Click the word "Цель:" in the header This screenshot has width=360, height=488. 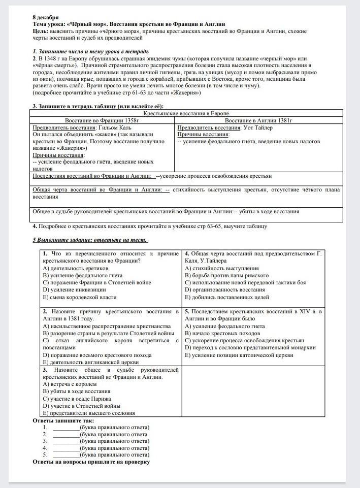[40, 31]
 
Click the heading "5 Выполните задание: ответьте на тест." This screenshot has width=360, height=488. [90, 240]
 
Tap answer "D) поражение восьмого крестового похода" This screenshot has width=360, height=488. [97, 355]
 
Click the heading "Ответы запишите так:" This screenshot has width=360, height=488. [63, 420]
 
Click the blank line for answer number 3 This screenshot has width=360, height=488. [66, 441]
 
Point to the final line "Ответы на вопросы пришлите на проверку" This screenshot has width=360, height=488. [91, 462]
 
